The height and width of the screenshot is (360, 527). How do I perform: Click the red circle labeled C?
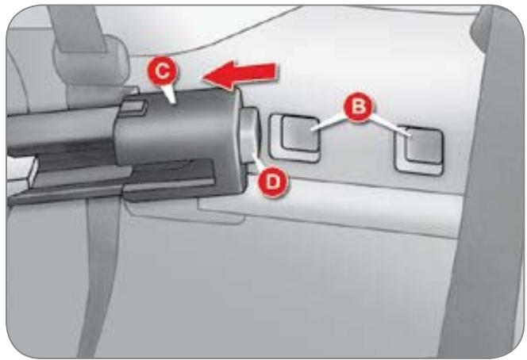point(163,71)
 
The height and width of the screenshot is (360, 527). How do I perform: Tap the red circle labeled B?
point(358,106)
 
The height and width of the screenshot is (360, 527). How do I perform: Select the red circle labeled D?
point(272,182)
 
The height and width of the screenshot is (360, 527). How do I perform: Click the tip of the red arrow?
point(202,78)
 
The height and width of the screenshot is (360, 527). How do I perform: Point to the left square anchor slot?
point(294,138)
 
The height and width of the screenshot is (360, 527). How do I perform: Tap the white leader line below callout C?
point(170,94)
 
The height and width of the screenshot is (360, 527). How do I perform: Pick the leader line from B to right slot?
point(390,125)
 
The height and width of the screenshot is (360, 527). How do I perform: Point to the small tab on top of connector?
point(133,107)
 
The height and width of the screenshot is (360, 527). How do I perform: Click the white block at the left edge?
point(21,173)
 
